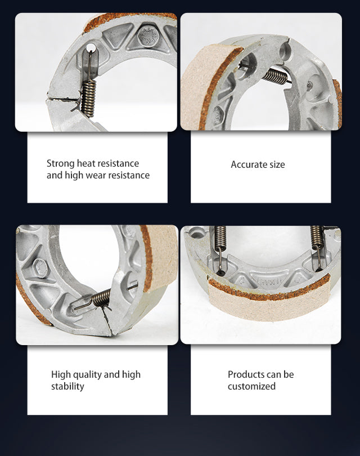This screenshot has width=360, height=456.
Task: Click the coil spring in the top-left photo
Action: (89, 99)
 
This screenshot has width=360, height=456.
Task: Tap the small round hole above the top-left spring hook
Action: (91, 47)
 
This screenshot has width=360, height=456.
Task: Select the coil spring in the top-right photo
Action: (276, 76)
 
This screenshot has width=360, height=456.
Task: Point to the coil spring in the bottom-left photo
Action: (101, 298)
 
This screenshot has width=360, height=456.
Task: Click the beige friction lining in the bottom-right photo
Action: (269, 305)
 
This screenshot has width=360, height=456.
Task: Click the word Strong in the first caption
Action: (60, 164)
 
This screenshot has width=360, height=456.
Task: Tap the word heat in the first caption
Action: (86, 163)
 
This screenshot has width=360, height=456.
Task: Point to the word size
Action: (277, 165)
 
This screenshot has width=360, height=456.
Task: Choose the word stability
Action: (67, 387)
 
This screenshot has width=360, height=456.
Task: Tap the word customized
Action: (251, 387)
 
